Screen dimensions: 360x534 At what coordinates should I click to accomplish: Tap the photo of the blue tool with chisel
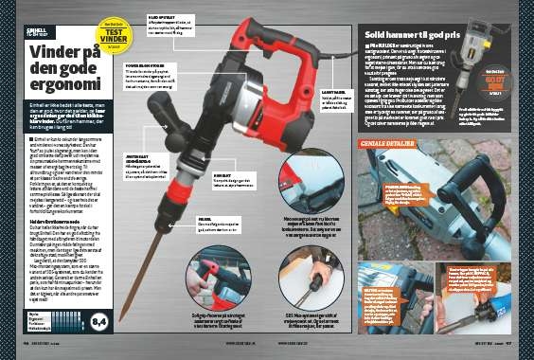click(471, 297)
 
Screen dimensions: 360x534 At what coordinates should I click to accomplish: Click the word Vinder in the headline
click(47, 56)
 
